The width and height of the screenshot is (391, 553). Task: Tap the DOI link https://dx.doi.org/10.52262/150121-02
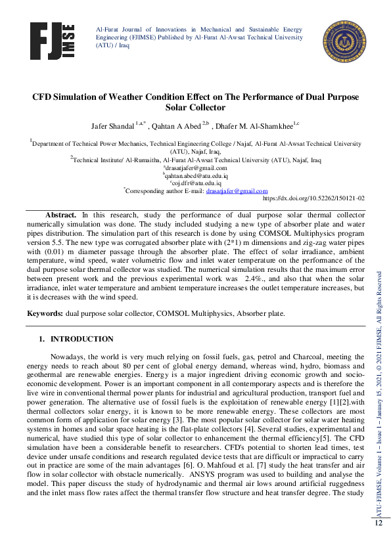313,198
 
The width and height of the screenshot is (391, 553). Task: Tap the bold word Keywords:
45,313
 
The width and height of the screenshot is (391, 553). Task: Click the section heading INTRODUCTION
82,339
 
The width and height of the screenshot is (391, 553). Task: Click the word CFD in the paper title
44,97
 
